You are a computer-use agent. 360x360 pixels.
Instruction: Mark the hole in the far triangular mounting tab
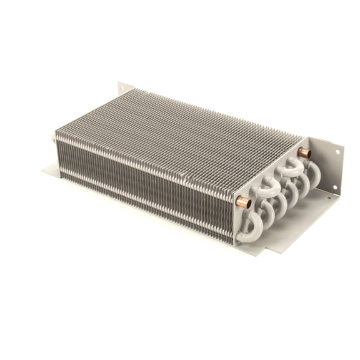pos(121,86)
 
